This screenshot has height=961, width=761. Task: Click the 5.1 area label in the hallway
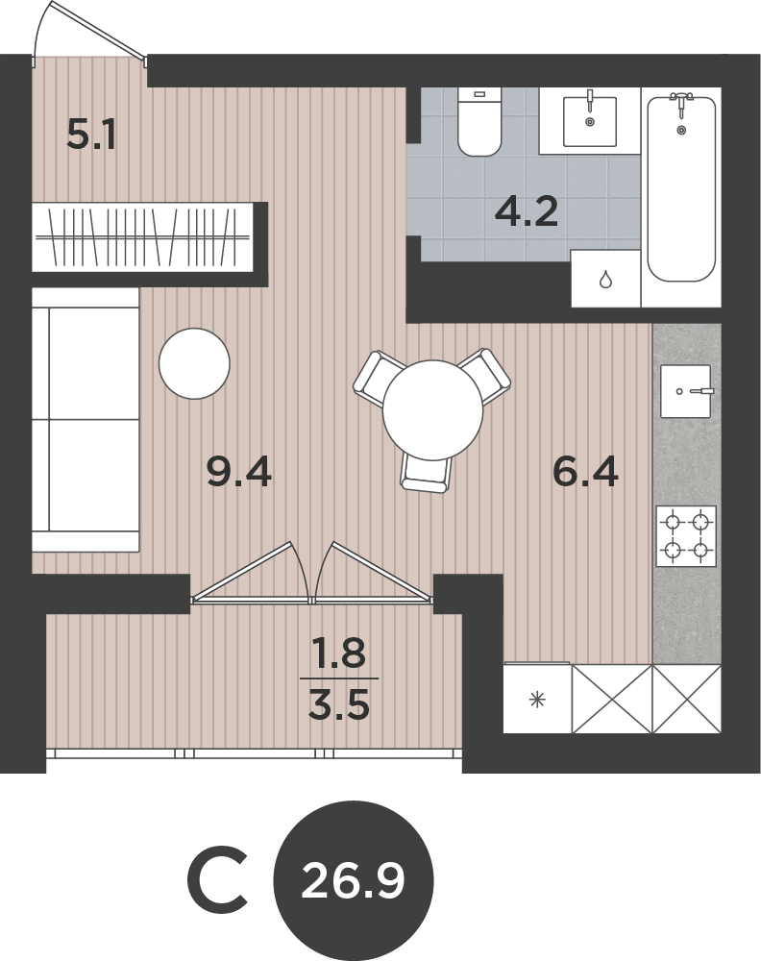[x=91, y=136]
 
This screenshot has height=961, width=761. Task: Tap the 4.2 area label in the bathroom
[x=527, y=212]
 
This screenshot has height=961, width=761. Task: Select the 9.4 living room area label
[x=239, y=473]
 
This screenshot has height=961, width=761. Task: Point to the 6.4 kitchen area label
[x=585, y=472]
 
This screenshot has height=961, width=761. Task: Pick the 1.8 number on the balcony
[x=339, y=653]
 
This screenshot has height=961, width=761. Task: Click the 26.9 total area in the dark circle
[x=354, y=881]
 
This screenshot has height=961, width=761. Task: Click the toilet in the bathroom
[x=479, y=121]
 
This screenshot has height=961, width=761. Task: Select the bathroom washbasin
[x=589, y=120]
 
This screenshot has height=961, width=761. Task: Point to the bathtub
[x=681, y=188]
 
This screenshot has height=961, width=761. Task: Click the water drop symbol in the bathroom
[x=605, y=280]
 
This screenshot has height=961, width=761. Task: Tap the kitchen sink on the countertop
[x=686, y=391]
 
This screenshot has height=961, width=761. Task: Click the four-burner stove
[x=686, y=535]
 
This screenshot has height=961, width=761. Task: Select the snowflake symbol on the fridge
[x=537, y=700]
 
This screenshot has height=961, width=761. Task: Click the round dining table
[x=432, y=410]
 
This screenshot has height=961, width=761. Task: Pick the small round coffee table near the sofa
[x=194, y=363]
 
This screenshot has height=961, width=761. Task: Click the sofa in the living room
[x=86, y=420]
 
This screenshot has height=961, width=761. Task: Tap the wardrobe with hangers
[x=142, y=236]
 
